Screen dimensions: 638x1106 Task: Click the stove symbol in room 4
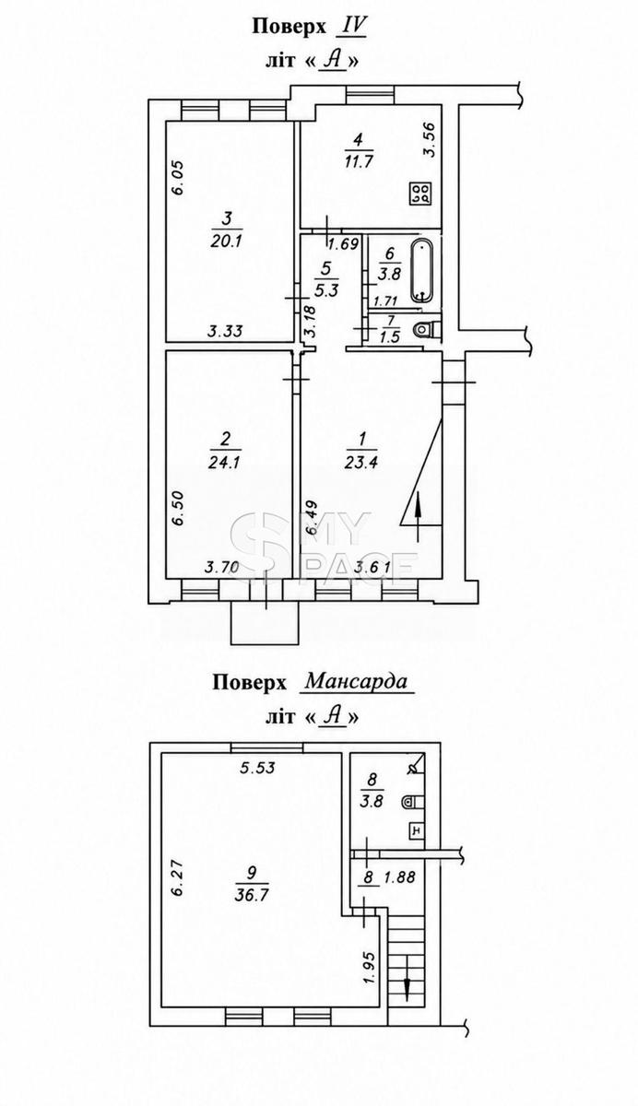tap(420, 194)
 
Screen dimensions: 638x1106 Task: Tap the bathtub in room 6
tap(421, 271)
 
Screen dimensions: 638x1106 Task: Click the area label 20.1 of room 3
tap(227, 241)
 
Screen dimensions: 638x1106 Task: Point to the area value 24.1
tap(225, 462)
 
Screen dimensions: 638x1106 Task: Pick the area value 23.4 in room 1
tap(362, 462)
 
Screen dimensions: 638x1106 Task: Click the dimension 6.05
tap(178, 178)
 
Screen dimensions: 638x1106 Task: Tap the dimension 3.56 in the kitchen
tap(431, 140)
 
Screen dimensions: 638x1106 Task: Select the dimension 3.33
tap(225, 330)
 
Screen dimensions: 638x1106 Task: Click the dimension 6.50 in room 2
tap(178, 508)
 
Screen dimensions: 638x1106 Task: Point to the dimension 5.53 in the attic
tap(257, 767)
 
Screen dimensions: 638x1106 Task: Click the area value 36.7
tap(252, 895)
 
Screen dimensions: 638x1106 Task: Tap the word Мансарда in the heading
tap(356, 682)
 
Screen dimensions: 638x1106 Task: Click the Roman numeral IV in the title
tap(351, 26)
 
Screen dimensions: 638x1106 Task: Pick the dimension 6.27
tap(178, 879)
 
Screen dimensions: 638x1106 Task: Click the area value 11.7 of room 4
tap(359, 161)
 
